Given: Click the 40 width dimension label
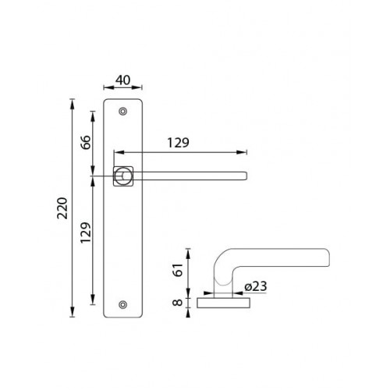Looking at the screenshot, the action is coord(123,80).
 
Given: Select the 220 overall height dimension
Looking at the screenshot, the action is coord(62,208).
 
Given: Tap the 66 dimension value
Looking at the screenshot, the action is coord(86,142).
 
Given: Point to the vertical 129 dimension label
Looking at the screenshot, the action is coord(86,232).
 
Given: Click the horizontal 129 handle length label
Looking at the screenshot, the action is coord(178,143).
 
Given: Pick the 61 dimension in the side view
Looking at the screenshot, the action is coord(179,270).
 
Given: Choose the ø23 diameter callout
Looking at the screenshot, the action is coord(256,286).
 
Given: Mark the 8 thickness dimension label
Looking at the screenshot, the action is coord(178,303).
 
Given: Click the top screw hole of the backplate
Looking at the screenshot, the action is coord(122,112).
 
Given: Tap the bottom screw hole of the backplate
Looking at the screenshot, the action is coord(122,304).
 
